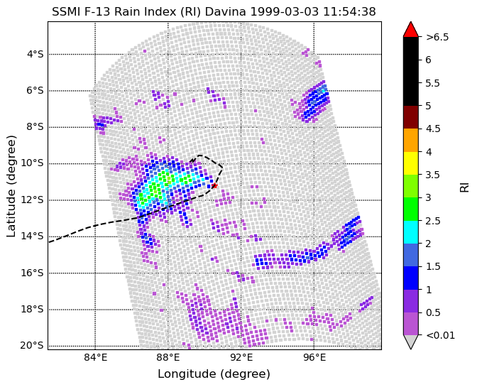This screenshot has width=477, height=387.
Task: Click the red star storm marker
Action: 214,185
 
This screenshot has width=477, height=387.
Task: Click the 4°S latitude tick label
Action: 35,55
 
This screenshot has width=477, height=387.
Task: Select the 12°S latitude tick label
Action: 32,200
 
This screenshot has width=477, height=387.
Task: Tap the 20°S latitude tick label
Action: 32,345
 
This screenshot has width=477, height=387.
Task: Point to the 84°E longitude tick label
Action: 96,357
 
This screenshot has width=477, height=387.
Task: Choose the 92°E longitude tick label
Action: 241,357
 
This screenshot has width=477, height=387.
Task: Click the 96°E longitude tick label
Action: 314,357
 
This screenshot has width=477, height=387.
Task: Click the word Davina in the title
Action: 225,12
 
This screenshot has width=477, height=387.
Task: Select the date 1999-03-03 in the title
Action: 285,12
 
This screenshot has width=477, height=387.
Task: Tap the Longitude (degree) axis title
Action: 214,374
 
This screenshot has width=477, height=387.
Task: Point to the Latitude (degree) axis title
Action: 11,186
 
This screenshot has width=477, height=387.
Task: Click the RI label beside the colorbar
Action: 464,185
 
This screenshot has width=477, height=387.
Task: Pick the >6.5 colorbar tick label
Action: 437,37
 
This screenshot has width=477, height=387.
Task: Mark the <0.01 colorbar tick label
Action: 441,335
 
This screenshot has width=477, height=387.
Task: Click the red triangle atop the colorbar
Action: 411,29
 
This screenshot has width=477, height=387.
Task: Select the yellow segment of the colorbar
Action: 411,163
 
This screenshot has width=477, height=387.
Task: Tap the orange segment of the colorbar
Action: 411,140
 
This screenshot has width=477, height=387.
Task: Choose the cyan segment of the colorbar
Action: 411,231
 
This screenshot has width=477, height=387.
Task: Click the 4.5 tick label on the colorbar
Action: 433,129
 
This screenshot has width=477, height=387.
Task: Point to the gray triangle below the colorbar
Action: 411,342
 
